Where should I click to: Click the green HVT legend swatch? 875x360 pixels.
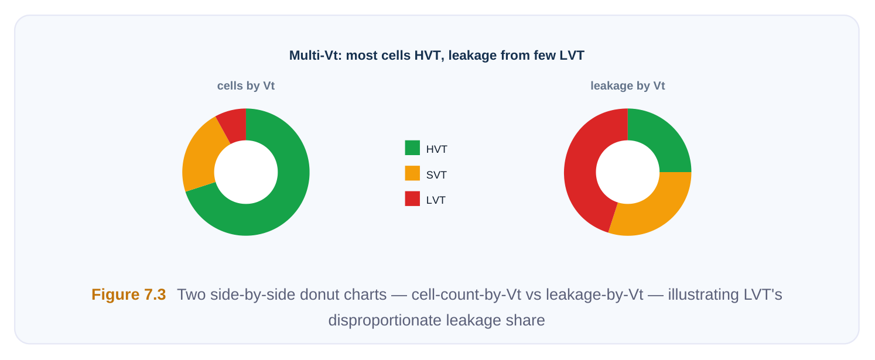(x=412, y=148)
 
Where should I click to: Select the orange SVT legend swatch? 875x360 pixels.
(x=412, y=173)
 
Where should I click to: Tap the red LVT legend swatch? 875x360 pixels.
(x=412, y=198)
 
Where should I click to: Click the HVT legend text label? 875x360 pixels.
(x=437, y=149)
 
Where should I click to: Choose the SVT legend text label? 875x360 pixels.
(x=436, y=175)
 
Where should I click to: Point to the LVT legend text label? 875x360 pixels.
(x=436, y=200)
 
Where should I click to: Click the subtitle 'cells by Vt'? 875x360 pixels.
(x=246, y=86)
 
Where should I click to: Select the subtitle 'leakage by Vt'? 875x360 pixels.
(x=628, y=86)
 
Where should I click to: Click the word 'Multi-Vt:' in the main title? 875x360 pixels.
(x=316, y=56)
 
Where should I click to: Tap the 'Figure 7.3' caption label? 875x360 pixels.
(x=129, y=294)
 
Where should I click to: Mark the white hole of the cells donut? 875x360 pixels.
(x=246, y=172)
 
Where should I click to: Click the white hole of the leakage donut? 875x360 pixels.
(x=628, y=172)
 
